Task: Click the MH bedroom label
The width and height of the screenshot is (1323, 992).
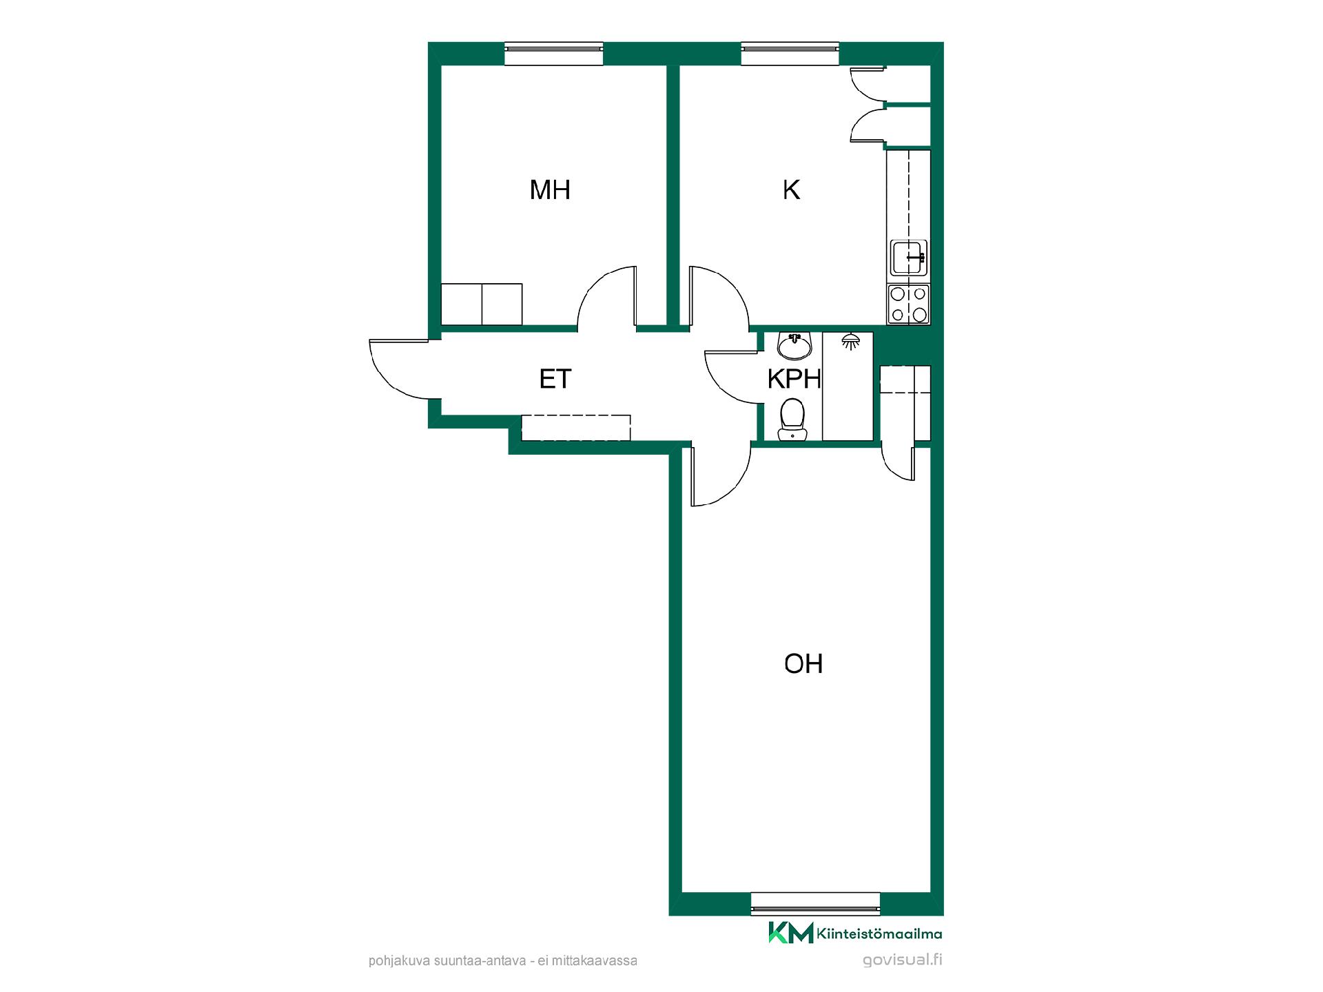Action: tap(550, 189)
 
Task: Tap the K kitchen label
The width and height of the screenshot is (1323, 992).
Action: tap(791, 189)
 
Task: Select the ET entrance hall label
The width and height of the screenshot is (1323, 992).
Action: tap(555, 379)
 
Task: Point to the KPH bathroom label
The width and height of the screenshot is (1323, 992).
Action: tap(794, 379)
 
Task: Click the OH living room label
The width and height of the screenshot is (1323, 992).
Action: tap(803, 663)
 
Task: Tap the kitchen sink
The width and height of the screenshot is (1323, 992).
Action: tap(909, 258)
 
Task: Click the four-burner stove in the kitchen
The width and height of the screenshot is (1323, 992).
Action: tap(909, 304)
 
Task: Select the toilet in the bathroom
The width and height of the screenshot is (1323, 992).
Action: tap(792, 420)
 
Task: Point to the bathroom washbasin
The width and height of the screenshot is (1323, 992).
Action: tap(795, 346)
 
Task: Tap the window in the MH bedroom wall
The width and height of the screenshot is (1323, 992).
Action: tap(554, 54)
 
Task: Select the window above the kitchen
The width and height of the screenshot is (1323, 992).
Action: tap(790, 54)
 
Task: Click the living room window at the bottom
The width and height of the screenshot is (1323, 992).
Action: tap(815, 904)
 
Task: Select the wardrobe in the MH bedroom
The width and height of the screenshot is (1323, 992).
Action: tap(482, 304)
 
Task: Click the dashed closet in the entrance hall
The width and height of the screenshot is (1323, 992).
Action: tap(576, 428)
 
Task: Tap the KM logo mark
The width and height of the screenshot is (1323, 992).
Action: tap(791, 933)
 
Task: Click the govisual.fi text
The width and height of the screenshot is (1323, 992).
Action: tap(902, 960)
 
